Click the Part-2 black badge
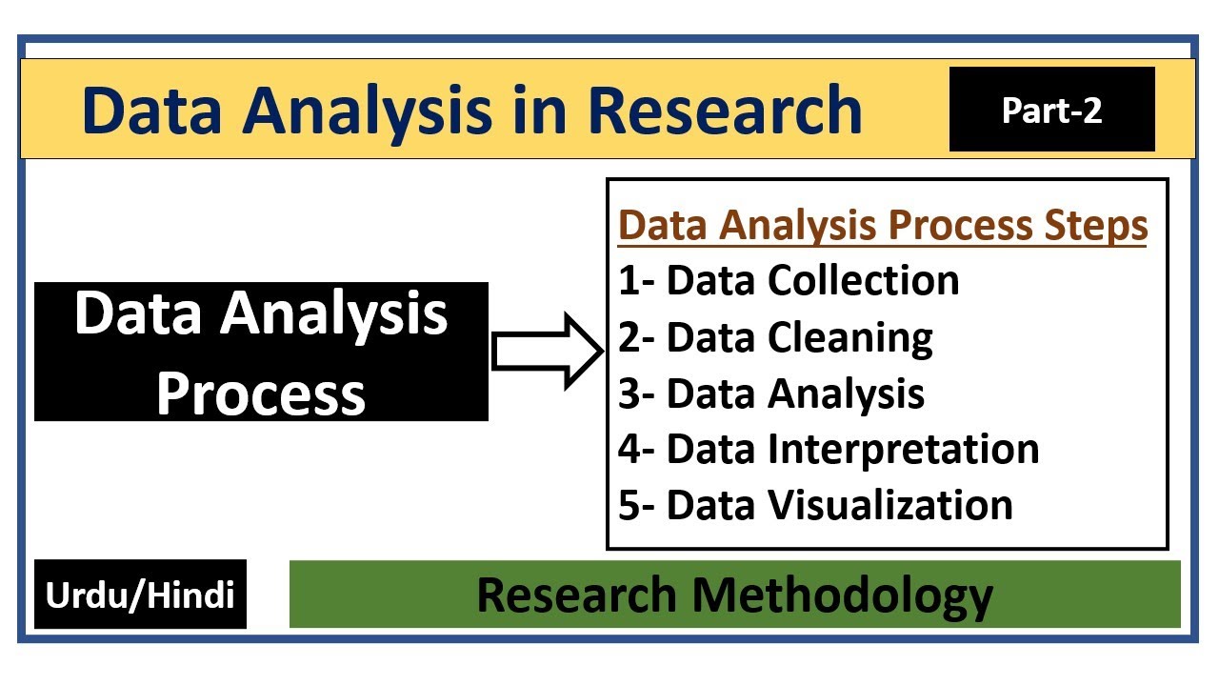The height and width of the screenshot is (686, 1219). click(x=1051, y=110)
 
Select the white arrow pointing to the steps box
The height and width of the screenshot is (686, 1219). click(x=547, y=352)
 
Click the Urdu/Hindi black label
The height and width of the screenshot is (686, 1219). click(x=140, y=595)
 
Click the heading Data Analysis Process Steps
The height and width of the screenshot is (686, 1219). click(x=883, y=226)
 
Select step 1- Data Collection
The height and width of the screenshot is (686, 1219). click(x=789, y=280)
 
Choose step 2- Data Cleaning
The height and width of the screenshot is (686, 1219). click(x=775, y=337)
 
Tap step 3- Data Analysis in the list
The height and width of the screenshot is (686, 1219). click(x=771, y=393)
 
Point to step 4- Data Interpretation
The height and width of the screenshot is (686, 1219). click(x=829, y=449)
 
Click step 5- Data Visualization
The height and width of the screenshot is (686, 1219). click(x=815, y=505)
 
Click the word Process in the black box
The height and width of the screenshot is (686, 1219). click(x=261, y=393)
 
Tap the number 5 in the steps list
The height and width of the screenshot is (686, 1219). click(x=629, y=505)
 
